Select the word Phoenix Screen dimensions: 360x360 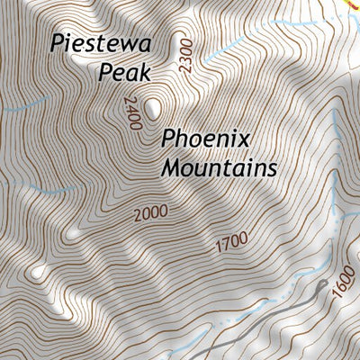[x=206, y=139]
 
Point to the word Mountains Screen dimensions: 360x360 [x=219, y=168]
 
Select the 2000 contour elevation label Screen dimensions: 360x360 [x=149, y=214]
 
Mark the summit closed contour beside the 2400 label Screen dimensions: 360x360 [x=155, y=109]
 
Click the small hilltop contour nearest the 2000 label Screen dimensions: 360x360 [x=73, y=233]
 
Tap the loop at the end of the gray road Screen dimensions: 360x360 [x=321, y=286]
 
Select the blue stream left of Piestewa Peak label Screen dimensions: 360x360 [x=18, y=110]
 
